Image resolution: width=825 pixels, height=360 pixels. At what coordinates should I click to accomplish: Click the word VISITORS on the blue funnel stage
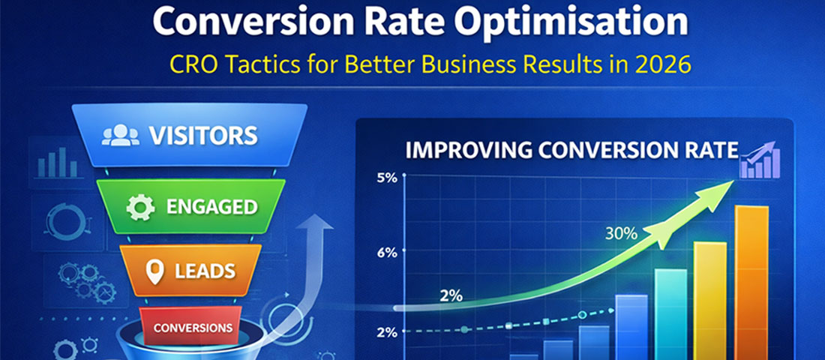click(203, 136)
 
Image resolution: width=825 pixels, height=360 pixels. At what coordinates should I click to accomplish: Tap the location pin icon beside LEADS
click(154, 271)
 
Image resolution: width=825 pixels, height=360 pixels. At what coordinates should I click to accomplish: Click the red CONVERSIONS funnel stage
click(193, 328)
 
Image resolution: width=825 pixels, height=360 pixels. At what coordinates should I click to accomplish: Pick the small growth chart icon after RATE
click(759, 160)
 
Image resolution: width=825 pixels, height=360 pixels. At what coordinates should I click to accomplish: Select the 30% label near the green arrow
click(622, 233)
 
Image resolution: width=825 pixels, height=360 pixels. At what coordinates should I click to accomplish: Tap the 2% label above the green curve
click(451, 295)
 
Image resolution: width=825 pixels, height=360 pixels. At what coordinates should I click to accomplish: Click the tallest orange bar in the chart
click(751, 281)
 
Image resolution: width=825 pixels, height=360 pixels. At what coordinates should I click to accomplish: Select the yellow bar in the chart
click(709, 300)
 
